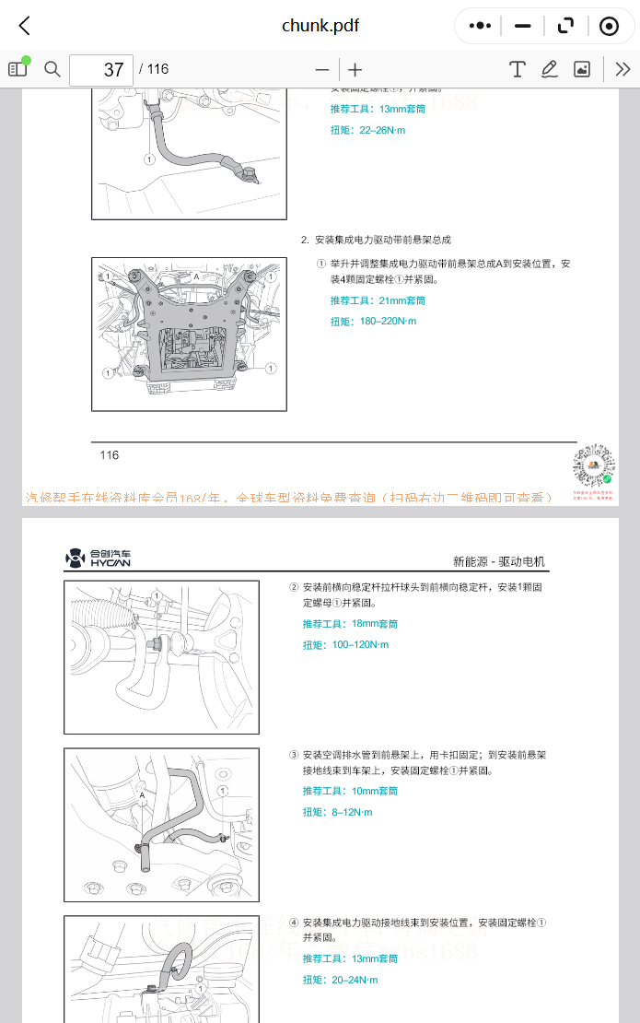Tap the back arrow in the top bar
tap(25, 26)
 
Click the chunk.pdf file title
tap(320, 26)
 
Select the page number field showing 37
tap(101, 70)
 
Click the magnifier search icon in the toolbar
tap(52, 69)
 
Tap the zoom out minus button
tap(321, 70)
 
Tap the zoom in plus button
tap(355, 70)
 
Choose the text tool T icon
tap(518, 69)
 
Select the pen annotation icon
tap(550, 69)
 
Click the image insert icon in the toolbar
tap(582, 69)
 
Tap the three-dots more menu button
tap(480, 26)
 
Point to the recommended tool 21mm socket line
tap(378, 300)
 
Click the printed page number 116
tap(110, 454)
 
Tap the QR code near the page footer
tap(594, 467)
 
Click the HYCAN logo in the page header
tap(99, 558)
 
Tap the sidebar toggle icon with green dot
tap(18, 68)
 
